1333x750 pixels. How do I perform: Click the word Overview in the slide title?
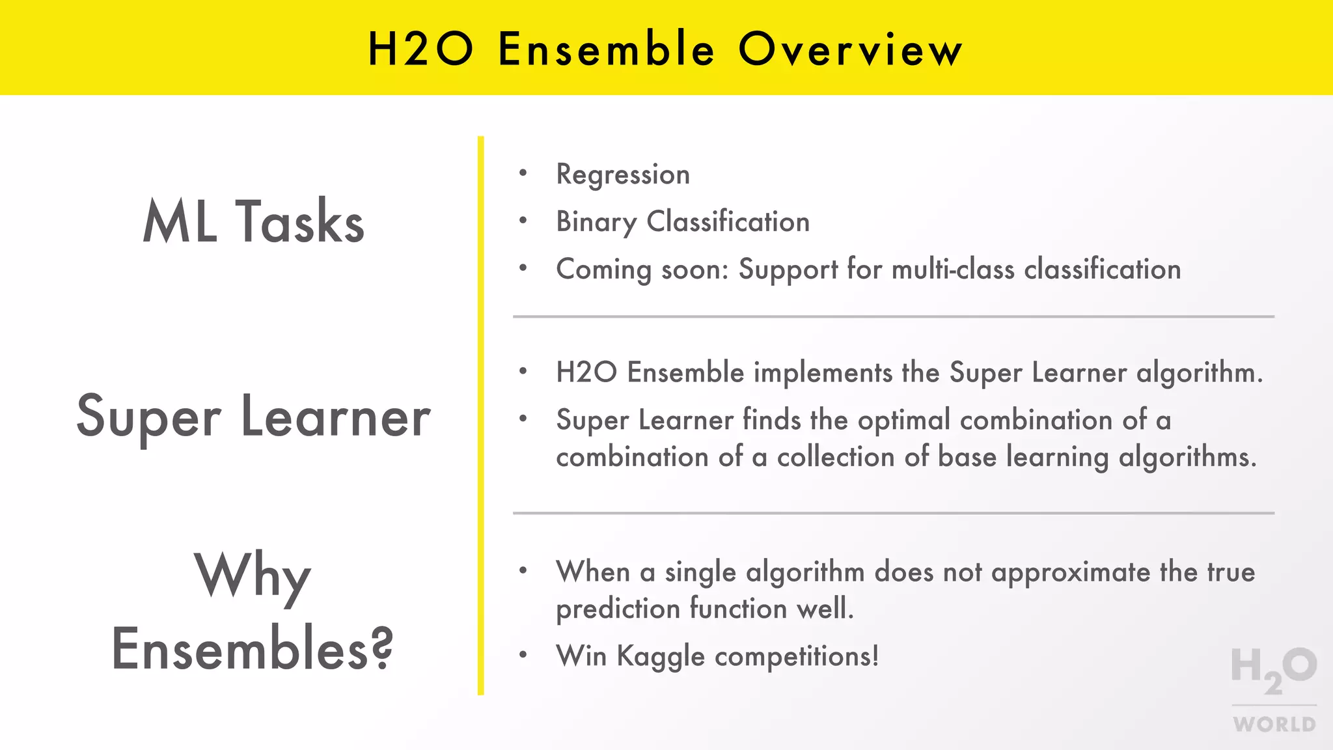click(x=850, y=49)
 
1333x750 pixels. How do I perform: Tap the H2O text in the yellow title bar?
click(x=420, y=49)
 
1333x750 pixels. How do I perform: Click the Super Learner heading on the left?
click(x=253, y=417)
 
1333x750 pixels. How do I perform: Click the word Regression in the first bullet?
click(x=623, y=174)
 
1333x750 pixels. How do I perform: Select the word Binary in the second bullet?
click(x=596, y=222)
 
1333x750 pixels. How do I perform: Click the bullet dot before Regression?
click(x=523, y=173)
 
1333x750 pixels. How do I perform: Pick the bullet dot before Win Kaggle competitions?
click(x=523, y=655)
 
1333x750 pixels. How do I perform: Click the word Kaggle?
click(x=661, y=656)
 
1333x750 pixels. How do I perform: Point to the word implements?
click(x=823, y=372)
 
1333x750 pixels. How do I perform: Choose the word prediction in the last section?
click(x=618, y=609)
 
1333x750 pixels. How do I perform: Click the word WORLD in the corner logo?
click(x=1274, y=724)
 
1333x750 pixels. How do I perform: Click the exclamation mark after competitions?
click(x=875, y=655)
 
